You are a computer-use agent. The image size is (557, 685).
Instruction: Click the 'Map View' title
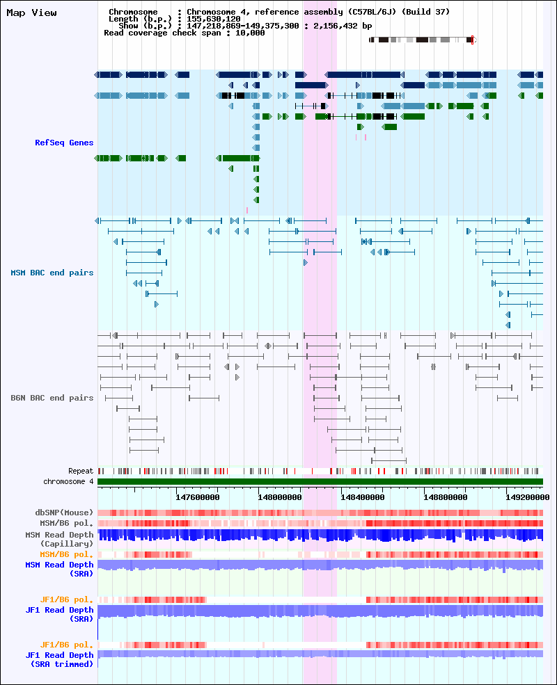pos(31,13)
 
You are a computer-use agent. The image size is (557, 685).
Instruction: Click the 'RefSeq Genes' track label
pos(64,143)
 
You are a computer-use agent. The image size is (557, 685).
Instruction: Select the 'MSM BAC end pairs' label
pos(52,273)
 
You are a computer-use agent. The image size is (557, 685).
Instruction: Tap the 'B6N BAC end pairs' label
pos(52,398)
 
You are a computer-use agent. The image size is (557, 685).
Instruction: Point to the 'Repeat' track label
pos(81,471)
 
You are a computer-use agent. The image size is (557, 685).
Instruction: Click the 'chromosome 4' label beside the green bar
pos(68,481)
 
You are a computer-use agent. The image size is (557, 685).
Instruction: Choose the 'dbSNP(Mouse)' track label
pos(64,513)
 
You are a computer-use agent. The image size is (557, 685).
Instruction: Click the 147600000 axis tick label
pos(198,497)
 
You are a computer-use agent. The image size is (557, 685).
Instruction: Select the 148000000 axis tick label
pos(280,497)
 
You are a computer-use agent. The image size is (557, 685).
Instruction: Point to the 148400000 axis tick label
pos(363,497)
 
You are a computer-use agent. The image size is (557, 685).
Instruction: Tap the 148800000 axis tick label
pos(445,497)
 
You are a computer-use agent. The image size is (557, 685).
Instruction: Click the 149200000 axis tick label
pos(528,497)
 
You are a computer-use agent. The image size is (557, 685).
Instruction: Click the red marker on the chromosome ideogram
pos(472,40)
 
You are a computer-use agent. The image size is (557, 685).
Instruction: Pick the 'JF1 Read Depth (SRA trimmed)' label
pos(59,660)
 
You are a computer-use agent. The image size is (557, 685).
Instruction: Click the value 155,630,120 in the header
pos(213,19)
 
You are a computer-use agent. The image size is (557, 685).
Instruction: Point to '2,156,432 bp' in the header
pos(343,26)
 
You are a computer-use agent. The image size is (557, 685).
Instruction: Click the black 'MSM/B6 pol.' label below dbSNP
pos(66,523)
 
